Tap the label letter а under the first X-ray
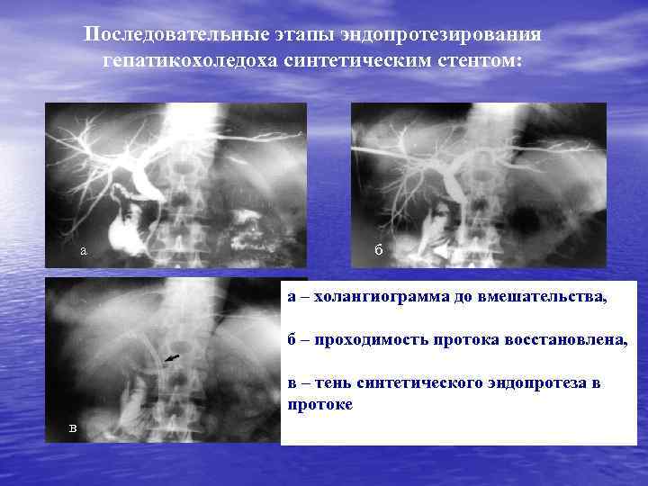coord(83,251)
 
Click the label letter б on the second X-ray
coord(379,249)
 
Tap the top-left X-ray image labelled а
coord(175,184)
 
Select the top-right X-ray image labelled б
coord(478,184)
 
